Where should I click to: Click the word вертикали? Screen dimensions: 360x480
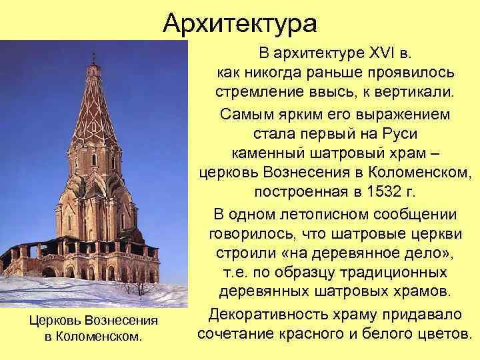pos(422,90)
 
